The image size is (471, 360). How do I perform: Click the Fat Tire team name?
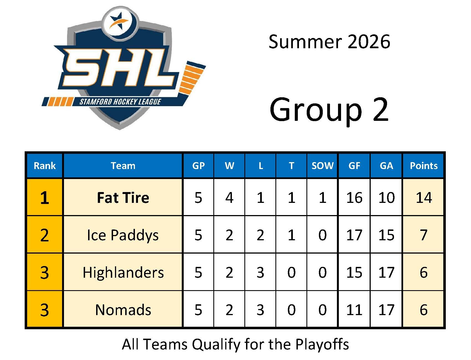(123, 198)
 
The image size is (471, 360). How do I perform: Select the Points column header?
(424, 166)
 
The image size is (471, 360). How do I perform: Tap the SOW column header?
(322, 166)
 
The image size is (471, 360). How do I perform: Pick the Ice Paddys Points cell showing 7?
(424, 235)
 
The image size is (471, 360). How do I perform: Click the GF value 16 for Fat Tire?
(354, 198)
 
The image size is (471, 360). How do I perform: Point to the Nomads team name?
(123, 310)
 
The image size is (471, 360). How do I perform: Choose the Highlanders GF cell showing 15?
(354, 272)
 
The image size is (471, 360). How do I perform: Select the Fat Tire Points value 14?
(424, 198)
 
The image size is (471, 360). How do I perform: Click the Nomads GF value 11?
(354, 310)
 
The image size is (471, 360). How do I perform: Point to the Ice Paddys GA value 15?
(386, 235)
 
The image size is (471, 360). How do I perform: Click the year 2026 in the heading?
(369, 42)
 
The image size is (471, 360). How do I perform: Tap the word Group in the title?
(316, 110)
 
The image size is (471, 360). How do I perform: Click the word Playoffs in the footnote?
(322, 344)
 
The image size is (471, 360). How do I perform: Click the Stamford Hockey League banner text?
(120, 102)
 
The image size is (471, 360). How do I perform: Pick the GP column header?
(198, 166)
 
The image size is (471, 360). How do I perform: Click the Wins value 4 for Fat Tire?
(229, 198)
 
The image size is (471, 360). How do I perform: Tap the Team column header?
(123, 166)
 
